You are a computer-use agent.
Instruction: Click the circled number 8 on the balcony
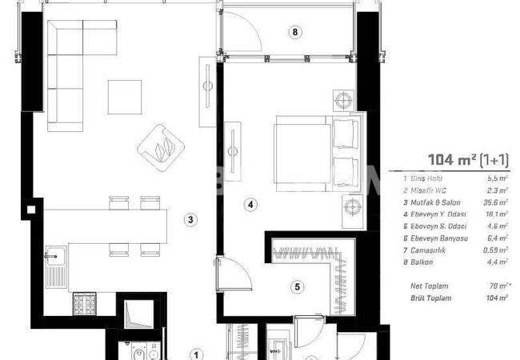294,32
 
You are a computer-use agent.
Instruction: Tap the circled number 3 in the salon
190,219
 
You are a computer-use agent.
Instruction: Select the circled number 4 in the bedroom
250,205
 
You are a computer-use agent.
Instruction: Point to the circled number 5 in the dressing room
296,286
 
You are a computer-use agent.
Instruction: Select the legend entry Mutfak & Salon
429,203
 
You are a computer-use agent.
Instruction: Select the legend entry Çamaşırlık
424,248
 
